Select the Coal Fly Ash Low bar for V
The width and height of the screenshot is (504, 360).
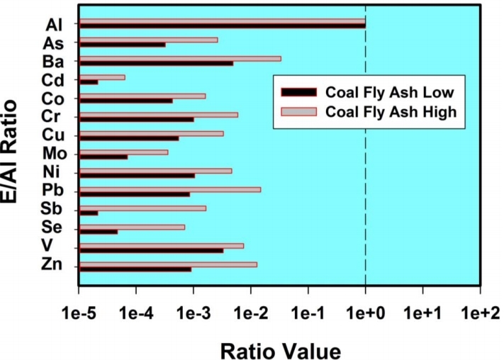151,250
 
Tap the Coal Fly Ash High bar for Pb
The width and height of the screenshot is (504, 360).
169,189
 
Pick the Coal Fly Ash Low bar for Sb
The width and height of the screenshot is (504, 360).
89,213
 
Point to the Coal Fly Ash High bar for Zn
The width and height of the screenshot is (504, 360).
167,264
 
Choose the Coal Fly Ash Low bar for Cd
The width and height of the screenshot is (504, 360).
89,82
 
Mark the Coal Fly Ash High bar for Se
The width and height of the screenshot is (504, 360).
132,227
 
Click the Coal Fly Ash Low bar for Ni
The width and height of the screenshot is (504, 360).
137,175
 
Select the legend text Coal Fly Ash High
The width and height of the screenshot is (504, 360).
390,111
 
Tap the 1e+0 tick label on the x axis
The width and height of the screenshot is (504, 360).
365,313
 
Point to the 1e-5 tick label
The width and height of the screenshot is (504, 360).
79,313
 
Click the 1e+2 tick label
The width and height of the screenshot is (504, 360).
480,313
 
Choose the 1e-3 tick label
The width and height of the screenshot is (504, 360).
194,313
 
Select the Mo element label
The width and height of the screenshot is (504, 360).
53,154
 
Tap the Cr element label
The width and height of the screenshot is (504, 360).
53,117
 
